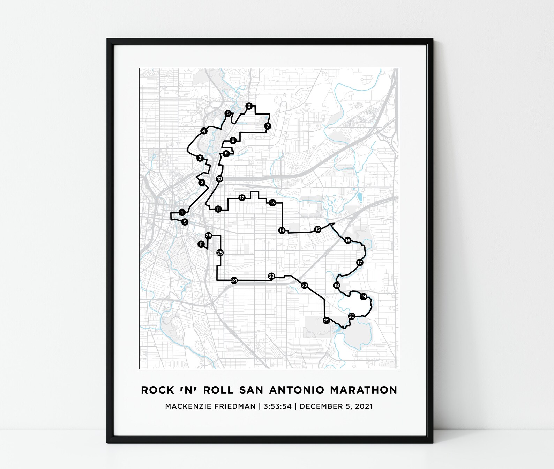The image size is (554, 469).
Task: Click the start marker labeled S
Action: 185,222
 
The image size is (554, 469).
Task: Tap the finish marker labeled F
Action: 201,244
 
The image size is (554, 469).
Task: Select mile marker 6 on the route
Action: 248,106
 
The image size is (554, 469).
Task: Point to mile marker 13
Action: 272,203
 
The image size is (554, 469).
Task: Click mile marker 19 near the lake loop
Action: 364,296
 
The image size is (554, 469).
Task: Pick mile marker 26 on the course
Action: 208,236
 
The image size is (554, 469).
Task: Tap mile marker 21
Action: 326,320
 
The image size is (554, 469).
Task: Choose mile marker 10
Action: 219,179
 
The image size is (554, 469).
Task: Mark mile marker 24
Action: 234,280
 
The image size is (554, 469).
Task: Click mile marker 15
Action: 317,229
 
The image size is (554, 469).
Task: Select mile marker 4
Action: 204,131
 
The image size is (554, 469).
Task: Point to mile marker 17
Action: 360,262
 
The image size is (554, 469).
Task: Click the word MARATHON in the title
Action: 364,390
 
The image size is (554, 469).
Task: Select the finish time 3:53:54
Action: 278,406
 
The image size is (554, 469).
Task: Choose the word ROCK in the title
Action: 157,390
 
